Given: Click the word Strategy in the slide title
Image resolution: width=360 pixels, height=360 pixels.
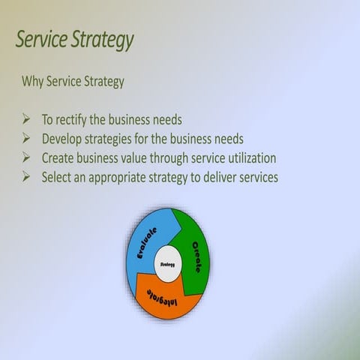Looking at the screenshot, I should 102,39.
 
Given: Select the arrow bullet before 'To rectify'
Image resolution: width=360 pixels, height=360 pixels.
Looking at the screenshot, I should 26,119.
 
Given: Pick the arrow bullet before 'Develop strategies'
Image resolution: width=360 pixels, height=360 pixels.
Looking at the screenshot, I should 26,139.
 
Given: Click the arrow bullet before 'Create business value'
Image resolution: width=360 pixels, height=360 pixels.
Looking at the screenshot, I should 26,157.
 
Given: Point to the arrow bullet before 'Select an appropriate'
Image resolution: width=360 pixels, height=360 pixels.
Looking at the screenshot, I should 26,177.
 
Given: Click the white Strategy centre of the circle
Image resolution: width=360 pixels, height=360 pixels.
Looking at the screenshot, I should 167,264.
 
